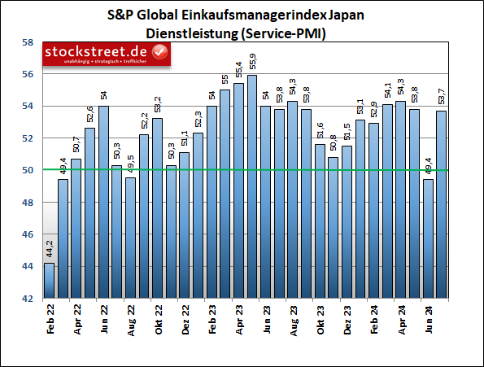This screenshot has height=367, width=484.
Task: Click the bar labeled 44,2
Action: (50, 281)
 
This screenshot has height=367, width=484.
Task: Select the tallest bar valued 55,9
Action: (252, 187)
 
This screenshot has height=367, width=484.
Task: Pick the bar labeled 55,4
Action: (238, 191)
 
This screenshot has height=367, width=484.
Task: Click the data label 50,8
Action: (334, 144)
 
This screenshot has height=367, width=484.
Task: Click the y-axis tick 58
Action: (27, 42)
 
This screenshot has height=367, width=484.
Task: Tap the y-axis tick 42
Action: (27, 299)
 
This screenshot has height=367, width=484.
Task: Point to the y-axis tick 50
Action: (27, 170)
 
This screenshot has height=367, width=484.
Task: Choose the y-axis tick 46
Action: (27, 234)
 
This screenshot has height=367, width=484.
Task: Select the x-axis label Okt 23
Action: (320, 318)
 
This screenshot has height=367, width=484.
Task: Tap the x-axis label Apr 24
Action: (401, 318)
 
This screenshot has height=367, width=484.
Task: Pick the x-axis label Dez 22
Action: (185, 318)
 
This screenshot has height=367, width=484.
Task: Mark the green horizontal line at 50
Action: (244, 170)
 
